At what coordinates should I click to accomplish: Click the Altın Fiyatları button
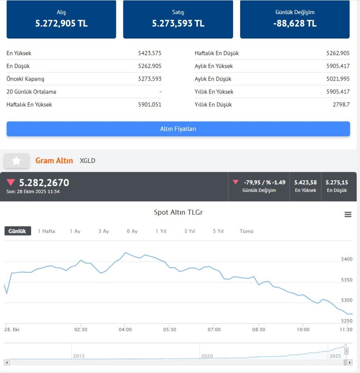coord(178,129)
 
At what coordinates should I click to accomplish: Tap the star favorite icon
coord(16,161)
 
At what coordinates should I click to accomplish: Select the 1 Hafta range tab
coord(46,231)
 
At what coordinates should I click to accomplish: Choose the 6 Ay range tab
coord(132,231)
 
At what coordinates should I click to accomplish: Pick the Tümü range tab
coord(247,231)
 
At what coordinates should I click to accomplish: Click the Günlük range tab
coord(17,231)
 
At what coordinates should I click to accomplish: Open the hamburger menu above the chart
coord(348,215)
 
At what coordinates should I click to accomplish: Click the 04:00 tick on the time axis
coord(125,329)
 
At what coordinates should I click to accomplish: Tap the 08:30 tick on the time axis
coord(259,329)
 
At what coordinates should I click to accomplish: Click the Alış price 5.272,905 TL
coord(61,24)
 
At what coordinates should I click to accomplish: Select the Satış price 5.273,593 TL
coord(178,24)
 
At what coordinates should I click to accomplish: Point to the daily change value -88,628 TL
coord(295,24)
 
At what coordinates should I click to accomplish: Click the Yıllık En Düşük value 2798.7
coord(341,105)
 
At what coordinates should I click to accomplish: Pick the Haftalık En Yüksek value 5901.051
coord(150,105)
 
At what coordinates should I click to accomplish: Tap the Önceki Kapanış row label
coord(25,79)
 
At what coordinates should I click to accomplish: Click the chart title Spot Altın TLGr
coord(178,212)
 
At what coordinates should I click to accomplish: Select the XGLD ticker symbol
coord(87,161)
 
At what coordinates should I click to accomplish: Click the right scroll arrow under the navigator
coord(349,362)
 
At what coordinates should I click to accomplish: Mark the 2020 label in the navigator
coord(207,356)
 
